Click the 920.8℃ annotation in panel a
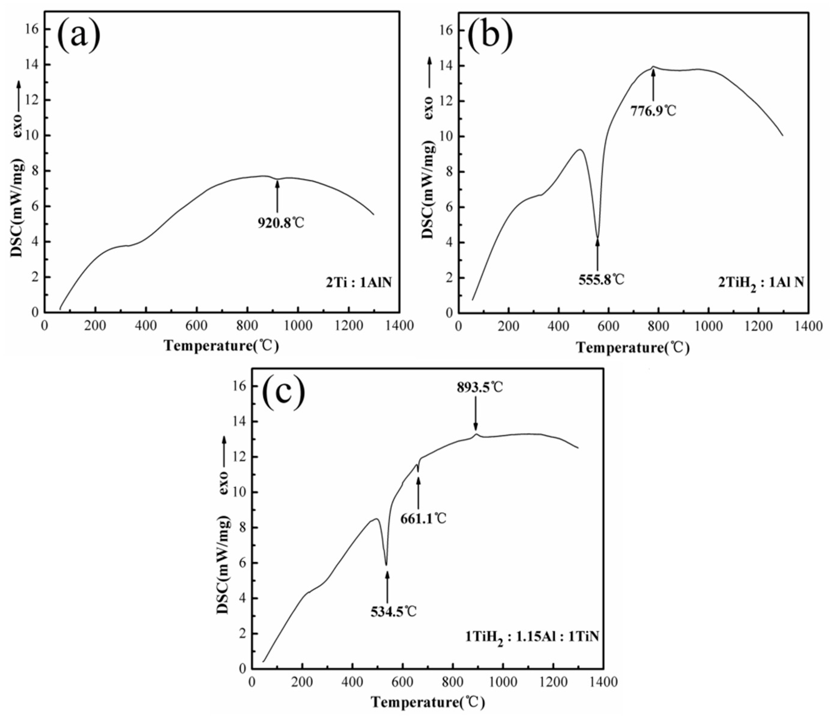click(x=281, y=222)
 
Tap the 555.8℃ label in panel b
click(x=601, y=280)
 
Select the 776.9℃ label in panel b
click(x=653, y=110)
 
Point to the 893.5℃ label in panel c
click(x=479, y=387)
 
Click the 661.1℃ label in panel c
click(x=423, y=519)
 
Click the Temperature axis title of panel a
click(x=221, y=346)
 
